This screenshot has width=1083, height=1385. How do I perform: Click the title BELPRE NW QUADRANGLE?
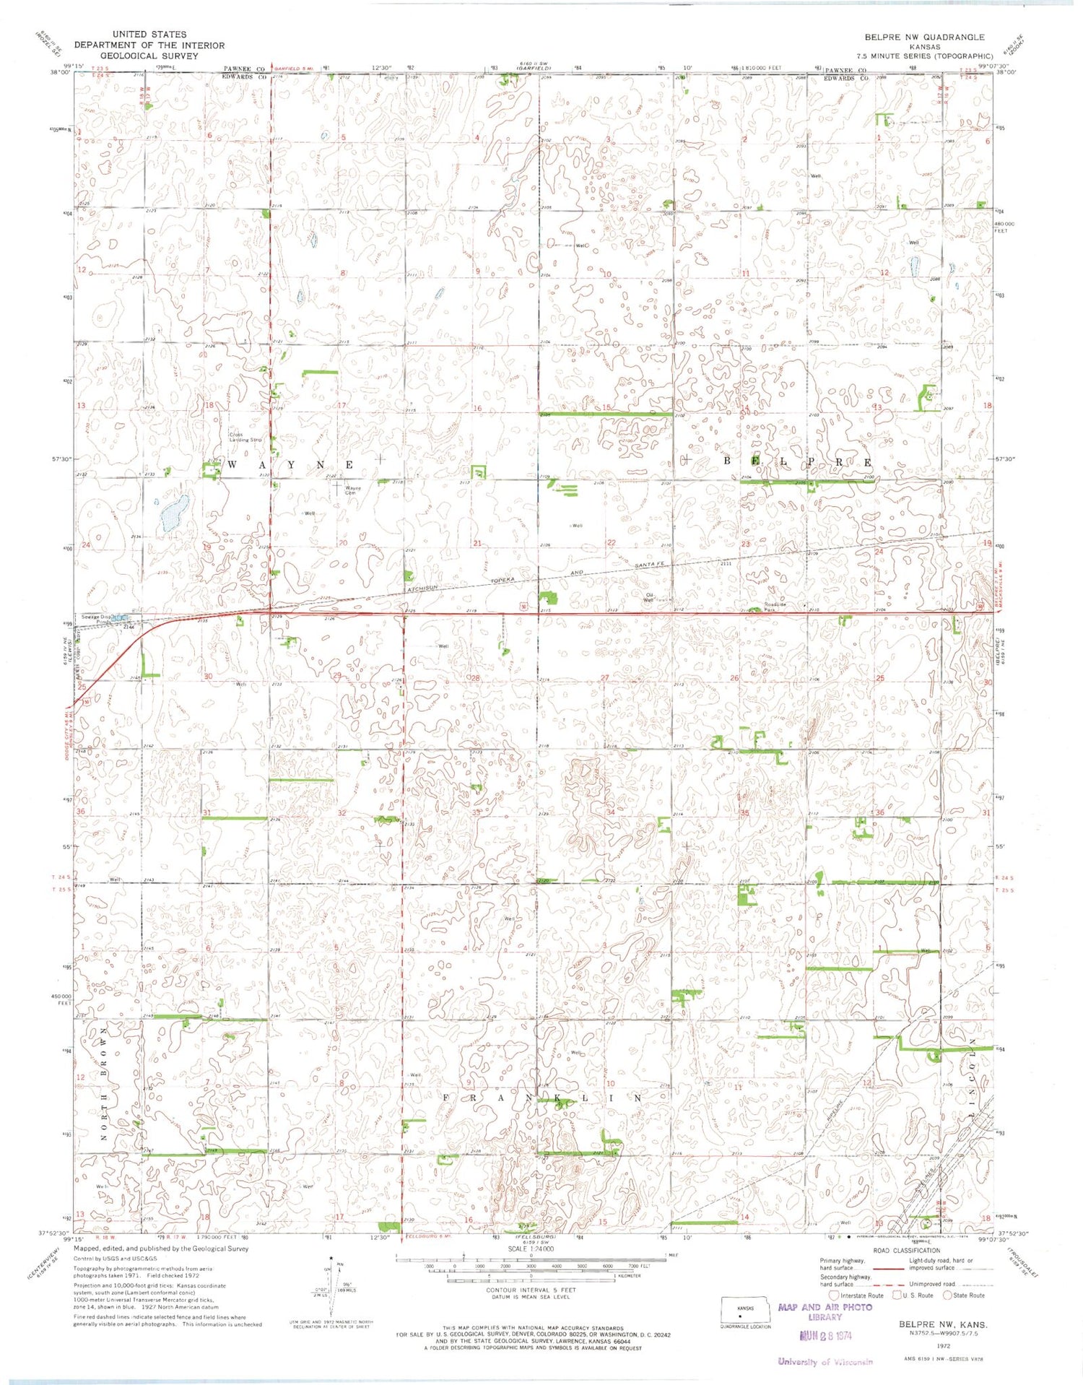pos(924,37)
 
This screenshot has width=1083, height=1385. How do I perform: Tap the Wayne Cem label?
pos(353,490)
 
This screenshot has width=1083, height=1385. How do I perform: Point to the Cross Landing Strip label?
pos(245,436)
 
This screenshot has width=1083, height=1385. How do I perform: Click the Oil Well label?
pos(648,597)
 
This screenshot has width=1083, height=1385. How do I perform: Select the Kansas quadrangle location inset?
pos(746,1314)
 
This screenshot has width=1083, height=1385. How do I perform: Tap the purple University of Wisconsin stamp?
pos(825,1362)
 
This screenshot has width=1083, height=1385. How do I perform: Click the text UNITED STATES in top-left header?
pos(149,34)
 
